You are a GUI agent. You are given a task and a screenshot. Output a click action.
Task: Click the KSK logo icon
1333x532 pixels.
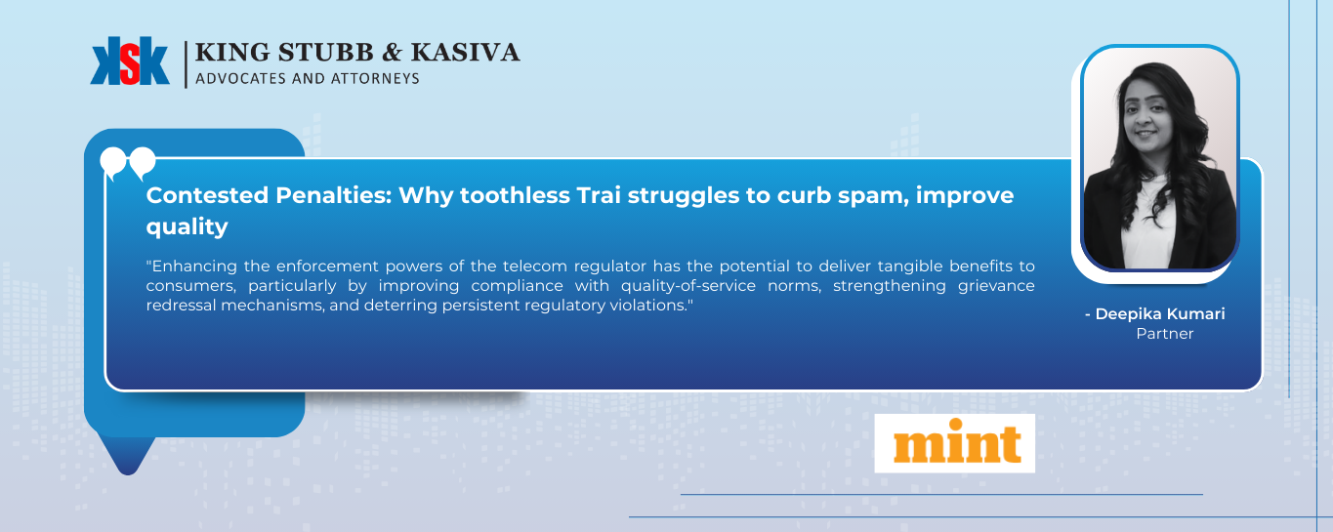click(x=130, y=62)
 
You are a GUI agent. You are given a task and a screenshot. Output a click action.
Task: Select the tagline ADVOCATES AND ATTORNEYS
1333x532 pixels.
click(x=308, y=78)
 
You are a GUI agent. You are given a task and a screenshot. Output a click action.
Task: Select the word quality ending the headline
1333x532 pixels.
click(x=187, y=226)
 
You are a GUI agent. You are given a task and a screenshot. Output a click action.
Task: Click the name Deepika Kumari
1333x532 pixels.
click(x=1159, y=313)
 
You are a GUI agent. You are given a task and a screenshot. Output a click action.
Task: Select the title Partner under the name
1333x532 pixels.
click(x=1164, y=334)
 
